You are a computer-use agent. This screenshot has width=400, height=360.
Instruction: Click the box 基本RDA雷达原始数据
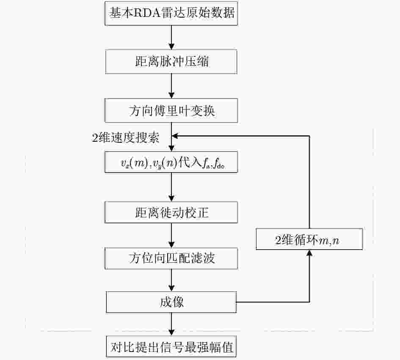(x=171, y=13)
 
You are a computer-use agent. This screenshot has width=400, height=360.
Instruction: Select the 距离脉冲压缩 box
(x=171, y=62)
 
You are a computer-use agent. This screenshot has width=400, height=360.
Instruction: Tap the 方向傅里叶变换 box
(x=171, y=110)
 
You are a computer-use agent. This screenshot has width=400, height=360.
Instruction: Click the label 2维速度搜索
(x=126, y=137)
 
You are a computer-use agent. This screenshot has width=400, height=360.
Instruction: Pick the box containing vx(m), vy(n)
(x=171, y=162)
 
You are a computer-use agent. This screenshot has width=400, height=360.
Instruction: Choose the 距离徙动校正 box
(x=171, y=212)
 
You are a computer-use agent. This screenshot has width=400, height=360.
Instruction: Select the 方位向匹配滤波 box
(x=171, y=258)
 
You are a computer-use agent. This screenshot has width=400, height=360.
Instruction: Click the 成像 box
(x=171, y=302)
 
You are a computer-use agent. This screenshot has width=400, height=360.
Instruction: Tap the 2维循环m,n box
(x=309, y=239)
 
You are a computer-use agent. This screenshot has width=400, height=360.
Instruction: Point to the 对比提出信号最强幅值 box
(x=171, y=347)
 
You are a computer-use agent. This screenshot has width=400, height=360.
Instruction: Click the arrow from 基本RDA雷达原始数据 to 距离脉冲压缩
(x=171, y=38)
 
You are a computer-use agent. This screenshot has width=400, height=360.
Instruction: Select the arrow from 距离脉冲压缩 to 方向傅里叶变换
(x=171, y=86)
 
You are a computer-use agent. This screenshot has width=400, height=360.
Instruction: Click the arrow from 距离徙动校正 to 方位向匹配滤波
(x=171, y=235)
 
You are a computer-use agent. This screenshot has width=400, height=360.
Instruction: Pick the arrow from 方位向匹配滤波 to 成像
(x=171, y=280)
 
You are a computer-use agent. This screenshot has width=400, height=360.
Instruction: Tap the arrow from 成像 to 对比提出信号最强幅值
(x=171, y=324)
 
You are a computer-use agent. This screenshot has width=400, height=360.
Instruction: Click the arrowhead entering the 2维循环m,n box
(x=309, y=253)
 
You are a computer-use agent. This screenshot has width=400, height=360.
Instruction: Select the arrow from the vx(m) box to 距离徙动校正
(x=171, y=187)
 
